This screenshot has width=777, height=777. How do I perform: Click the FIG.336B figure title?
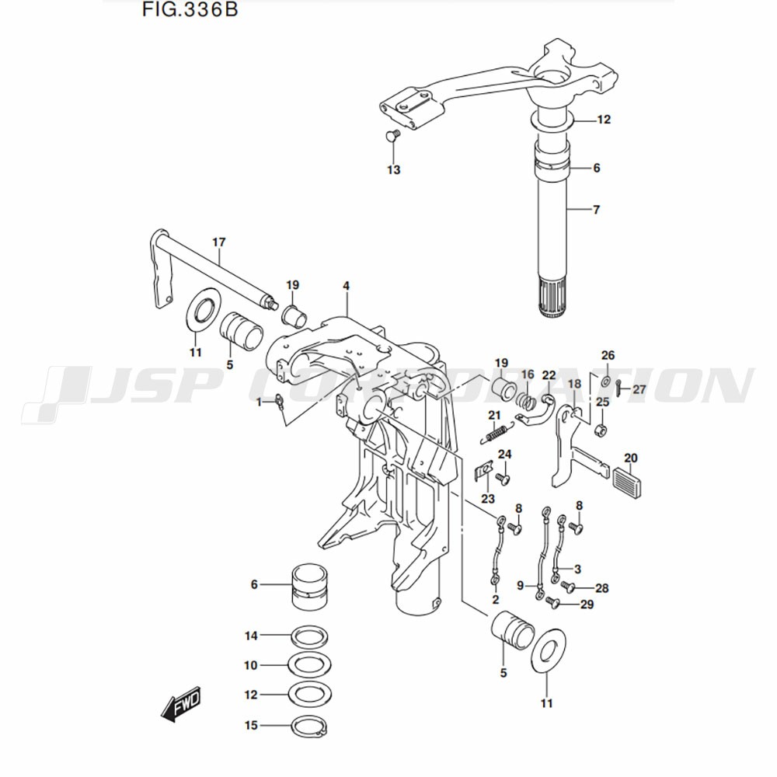pyautogui.click(x=190, y=13)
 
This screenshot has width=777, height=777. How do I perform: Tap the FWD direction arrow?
pyautogui.click(x=181, y=705)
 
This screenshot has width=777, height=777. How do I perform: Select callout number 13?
pyautogui.click(x=394, y=169)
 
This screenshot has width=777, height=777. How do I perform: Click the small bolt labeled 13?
pyautogui.click(x=392, y=138)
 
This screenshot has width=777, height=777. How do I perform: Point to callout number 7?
pyautogui.click(x=596, y=210)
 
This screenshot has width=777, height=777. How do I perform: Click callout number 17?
pyautogui.click(x=218, y=242)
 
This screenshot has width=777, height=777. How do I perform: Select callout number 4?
pyautogui.click(x=346, y=287)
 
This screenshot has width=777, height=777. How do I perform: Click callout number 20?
pyautogui.click(x=630, y=457)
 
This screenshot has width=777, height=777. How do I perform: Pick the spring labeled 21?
pyautogui.click(x=496, y=428)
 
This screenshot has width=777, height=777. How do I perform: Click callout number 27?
pyautogui.click(x=639, y=389)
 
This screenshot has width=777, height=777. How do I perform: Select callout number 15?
pyautogui.click(x=250, y=726)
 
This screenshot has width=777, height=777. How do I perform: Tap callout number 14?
pyautogui.click(x=250, y=636)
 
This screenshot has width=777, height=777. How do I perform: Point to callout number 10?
pyautogui.click(x=250, y=666)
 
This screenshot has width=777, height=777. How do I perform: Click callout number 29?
pyautogui.click(x=587, y=605)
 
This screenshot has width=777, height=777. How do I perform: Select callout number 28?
pyautogui.click(x=601, y=588)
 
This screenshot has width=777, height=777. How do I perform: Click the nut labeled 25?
pyautogui.click(x=600, y=430)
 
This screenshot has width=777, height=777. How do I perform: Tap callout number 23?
pyautogui.click(x=487, y=498)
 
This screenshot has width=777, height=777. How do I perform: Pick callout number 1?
pyautogui.click(x=260, y=402)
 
